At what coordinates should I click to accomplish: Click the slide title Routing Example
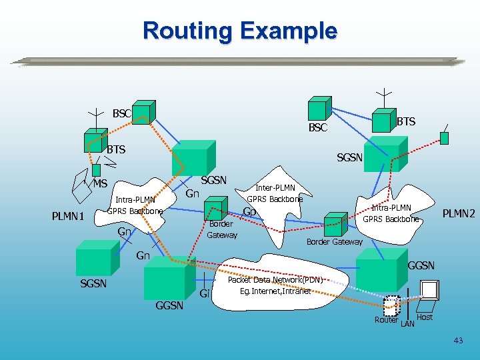tap(240, 31)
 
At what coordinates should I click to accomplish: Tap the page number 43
tap(458, 341)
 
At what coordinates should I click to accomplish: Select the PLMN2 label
tap(459, 214)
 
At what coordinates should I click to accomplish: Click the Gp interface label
tap(250, 212)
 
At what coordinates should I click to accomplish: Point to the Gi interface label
tap(205, 293)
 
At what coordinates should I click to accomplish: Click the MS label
tap(100, 184)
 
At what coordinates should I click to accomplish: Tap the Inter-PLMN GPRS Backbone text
tap(275, 193)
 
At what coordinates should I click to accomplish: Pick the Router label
tap(386, 320)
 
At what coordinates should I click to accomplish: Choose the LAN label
tap(407, 324)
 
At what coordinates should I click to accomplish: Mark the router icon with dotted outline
tap(392, 305)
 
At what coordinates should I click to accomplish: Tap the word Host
tap(425, 317)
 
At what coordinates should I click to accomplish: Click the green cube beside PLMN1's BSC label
tap(143, 111)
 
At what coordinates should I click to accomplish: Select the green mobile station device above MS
tap(96, 170)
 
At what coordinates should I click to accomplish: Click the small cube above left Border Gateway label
tap(213, 207)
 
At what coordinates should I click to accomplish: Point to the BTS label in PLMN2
tap(405, 121)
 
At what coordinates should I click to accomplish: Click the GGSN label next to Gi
tap(169, 305)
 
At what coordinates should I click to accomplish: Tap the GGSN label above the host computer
tap(421, 265)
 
